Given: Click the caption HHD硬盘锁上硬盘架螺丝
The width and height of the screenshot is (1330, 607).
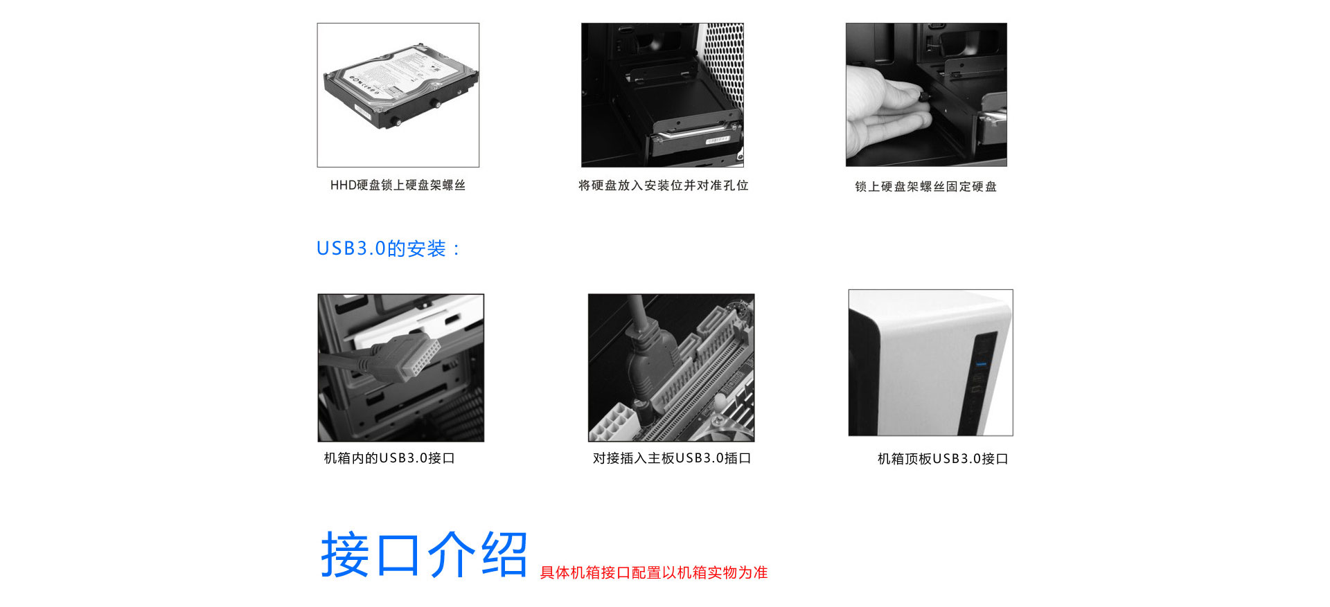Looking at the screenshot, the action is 398,185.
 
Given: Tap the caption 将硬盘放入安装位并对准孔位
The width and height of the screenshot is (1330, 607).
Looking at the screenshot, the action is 663,185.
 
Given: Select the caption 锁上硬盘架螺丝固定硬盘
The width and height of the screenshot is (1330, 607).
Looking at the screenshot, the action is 925,186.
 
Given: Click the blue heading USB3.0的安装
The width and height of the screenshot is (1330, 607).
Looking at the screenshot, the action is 387,248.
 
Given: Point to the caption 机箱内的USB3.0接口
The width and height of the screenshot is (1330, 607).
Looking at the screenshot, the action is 389,458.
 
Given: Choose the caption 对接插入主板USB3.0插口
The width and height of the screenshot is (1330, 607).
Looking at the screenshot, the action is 671,458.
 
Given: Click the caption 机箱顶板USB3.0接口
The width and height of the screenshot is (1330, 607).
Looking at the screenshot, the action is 942,459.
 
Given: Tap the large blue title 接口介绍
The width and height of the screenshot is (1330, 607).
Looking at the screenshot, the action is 424,554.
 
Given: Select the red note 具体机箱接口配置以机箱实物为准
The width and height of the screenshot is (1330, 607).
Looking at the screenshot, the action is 653,572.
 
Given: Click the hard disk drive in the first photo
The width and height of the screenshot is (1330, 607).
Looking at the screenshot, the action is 400,87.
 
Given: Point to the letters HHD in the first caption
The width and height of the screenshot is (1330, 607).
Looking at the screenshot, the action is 343,185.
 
